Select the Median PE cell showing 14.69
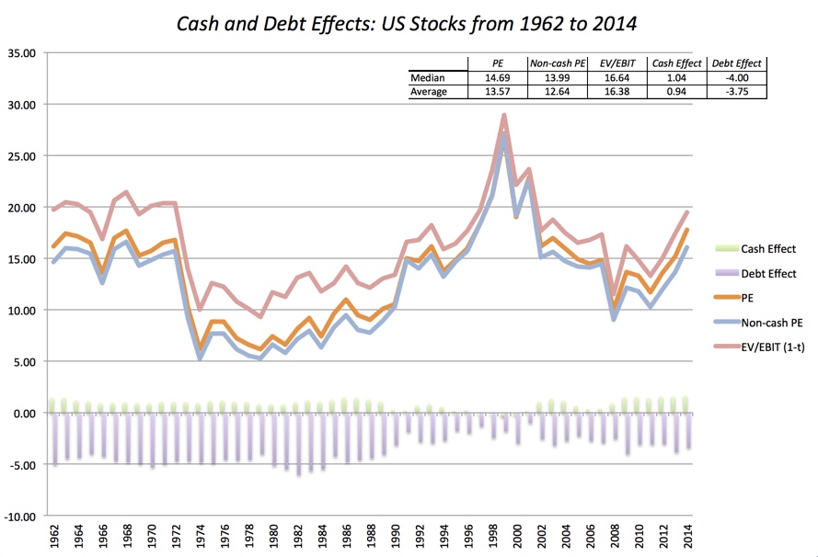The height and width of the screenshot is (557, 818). (498, 78)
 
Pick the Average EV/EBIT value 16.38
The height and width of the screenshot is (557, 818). (617, 92)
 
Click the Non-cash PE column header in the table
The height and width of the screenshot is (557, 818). (558, 63)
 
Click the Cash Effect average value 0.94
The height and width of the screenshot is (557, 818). (677, 92)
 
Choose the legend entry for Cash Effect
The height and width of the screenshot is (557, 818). (768, 249)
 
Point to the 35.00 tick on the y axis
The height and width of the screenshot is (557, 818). (20, 53)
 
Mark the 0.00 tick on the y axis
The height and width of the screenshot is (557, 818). (22, 414)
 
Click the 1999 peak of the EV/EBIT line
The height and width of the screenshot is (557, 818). (504, 116)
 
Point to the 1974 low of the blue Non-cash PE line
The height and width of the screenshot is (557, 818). (202, 358)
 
